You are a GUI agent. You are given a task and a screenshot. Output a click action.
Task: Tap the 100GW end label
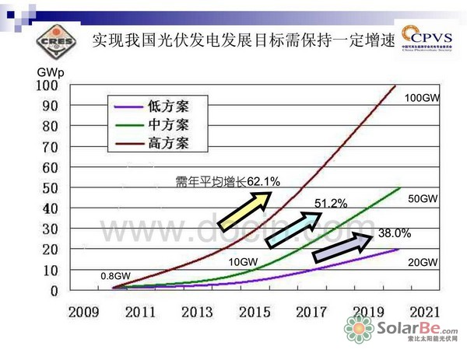tap(423, 98)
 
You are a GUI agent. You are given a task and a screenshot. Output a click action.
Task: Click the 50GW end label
tap(423, 199)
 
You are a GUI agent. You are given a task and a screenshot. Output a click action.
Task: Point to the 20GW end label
tap(423, 263)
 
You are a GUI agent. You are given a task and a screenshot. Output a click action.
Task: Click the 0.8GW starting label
tap(114, 275)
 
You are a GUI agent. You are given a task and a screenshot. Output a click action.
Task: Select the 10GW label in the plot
tap(244, 261)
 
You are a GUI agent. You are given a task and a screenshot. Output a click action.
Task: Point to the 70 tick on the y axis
tap(50, 146)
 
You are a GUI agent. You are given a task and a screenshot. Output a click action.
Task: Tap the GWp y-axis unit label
tap(48, 72)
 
